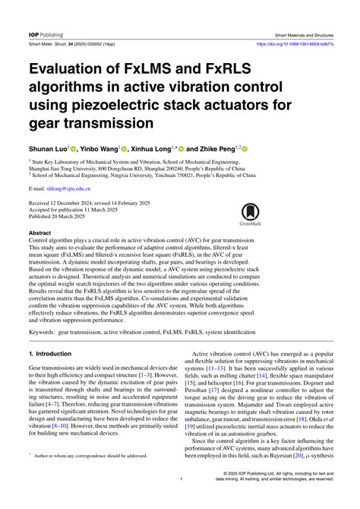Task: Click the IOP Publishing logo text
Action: click(x=46, y=35)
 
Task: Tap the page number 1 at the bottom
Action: click(x=180, y=501)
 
